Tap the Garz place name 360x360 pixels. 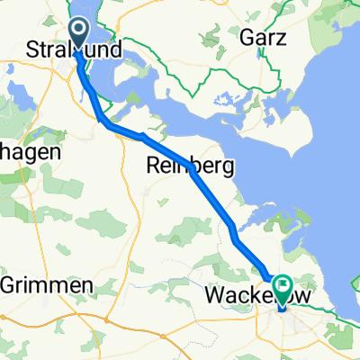pos(264,39)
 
